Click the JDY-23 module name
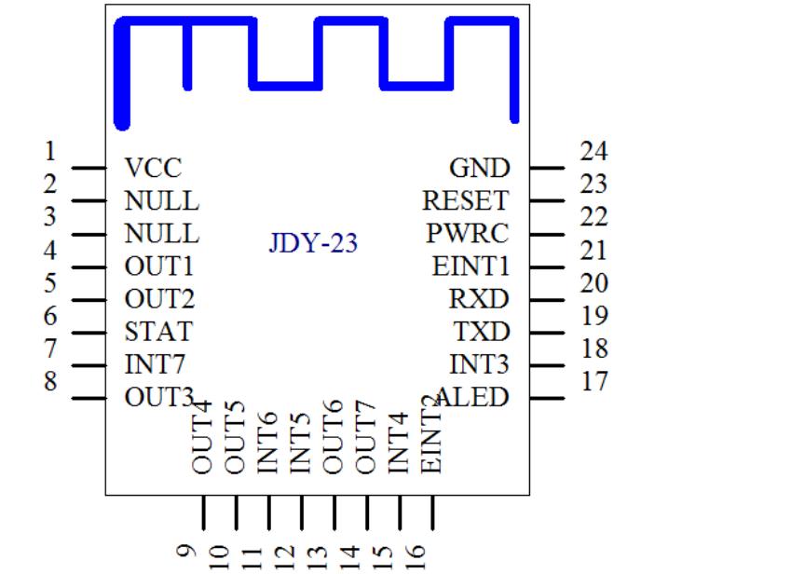313,244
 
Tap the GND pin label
479,169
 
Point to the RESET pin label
465,200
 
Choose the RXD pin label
480,300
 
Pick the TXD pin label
481,332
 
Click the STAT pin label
157,332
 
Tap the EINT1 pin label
471,266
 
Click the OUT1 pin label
158,266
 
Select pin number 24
593,151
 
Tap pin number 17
593,381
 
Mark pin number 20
593,283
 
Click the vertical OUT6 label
334,437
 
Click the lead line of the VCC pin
89,169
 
